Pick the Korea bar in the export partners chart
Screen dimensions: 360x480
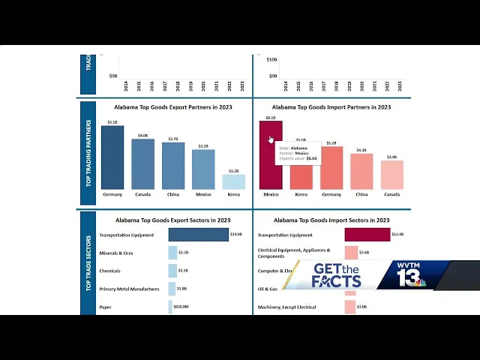click(x=233, y=181)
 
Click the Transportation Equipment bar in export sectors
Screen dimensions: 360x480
click(x=198, y=235)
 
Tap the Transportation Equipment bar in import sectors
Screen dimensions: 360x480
click(x=367, y=235)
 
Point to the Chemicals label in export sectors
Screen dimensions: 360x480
click(x=109, y=271)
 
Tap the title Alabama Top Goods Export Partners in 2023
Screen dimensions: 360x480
click(x=172, y=107)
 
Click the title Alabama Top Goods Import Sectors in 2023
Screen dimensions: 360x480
click(x=331, y=220)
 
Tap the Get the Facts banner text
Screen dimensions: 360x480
click(x=336, y=276)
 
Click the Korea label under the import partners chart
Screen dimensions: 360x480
click(x=301, y=195)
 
